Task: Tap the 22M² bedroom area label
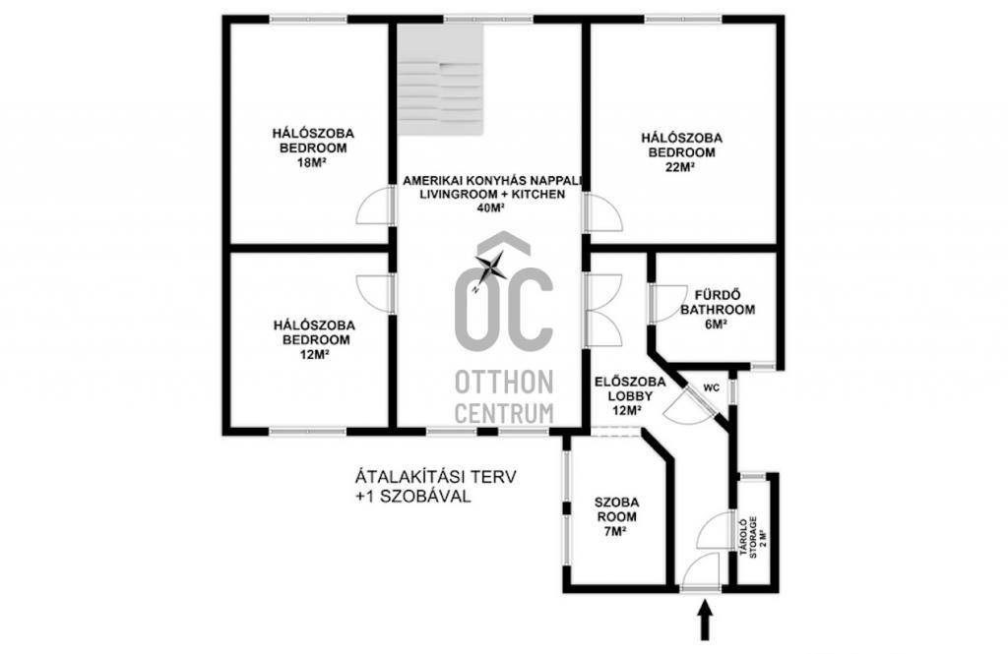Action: [681, 167]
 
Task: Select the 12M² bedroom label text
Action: [314, 339]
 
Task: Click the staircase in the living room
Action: [439, 80]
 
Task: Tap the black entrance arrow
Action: [706, 620]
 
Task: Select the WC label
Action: [711, 388]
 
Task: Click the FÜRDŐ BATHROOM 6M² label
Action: [718, 310]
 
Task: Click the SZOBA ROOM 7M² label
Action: [616, 516]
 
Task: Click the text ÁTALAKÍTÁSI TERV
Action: [436, 477]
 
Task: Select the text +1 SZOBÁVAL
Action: [412, 497]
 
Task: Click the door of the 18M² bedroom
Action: [375, 205]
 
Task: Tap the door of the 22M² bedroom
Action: [603, 212]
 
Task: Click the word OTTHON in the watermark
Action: [504, 382]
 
